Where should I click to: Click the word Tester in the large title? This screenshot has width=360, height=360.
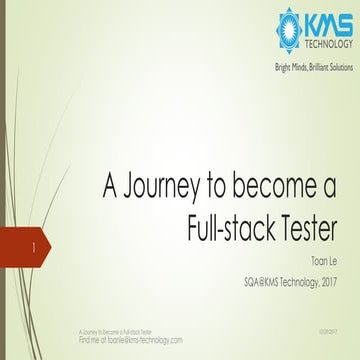305,224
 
